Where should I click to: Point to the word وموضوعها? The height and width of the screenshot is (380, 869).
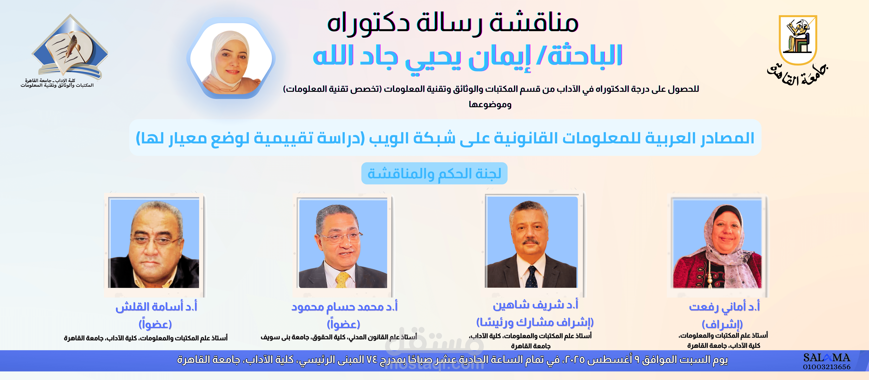[490, 105]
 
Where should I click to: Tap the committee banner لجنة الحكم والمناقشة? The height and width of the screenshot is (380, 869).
[434, 173]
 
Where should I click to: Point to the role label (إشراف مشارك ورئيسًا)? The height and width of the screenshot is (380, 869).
[535, 322]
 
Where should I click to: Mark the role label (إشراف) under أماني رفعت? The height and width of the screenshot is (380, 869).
[722, 324]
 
